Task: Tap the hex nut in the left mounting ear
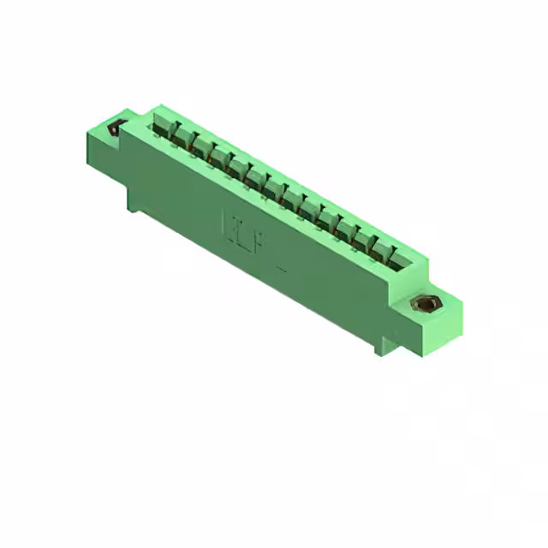tap(115, 129)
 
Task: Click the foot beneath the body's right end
tap(380, 347)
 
